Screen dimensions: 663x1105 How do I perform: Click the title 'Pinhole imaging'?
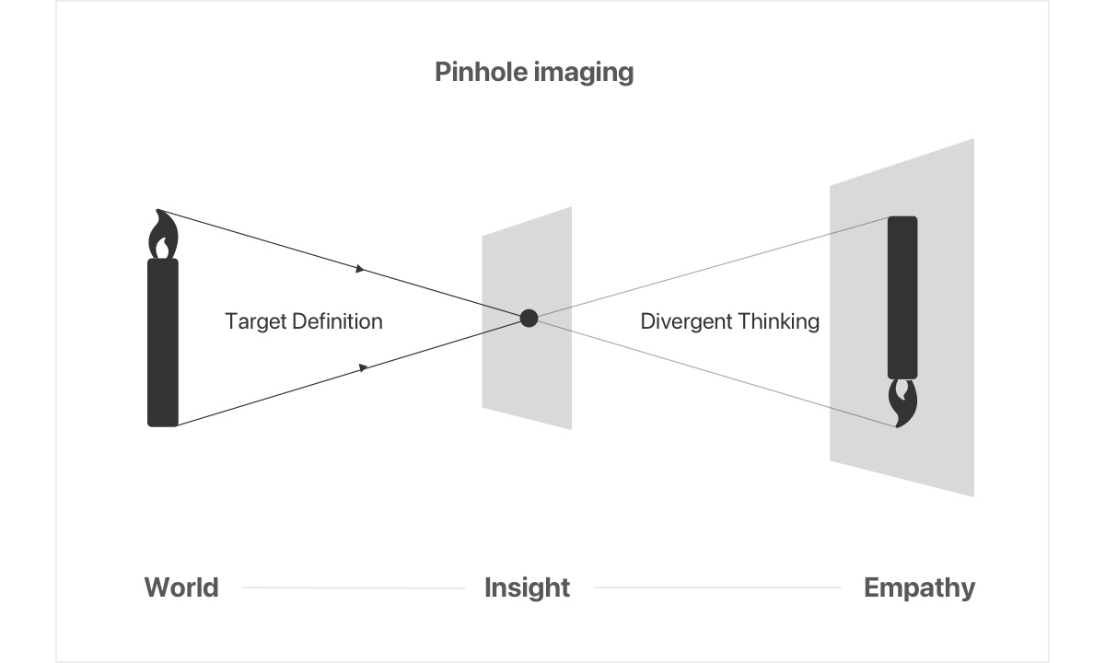pyautogui.click(x=534, y=72)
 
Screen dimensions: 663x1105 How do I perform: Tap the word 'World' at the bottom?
pyautogui.click(x=181, y=587)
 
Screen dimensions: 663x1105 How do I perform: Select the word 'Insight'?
pyautogui.click(x=527, y=587)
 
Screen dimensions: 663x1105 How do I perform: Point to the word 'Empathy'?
pyautogui.click(x=919, y=587)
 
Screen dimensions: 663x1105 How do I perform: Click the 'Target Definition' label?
pyautogui.click(x=304, y=321)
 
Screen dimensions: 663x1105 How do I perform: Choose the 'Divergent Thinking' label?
pyautogui.click(x=729, y=321)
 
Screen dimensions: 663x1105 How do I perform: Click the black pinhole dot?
pyautogui.click(x=529, y=318)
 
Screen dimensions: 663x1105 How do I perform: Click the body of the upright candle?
pyautogui.click(x=163, y=343)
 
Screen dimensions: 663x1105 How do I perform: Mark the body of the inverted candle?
pyautogui.click(x=902, y=297)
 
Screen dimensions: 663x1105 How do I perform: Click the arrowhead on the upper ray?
pyautogui.click(x=361, y=270)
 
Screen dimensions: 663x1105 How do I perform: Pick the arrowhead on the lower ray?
pyautogui.click(x=364, y=367)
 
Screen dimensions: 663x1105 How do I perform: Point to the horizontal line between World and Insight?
pyautogui.click(x=353, y=587)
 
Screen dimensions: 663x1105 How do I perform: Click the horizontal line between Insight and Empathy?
pyautogui.click(x=717, y=587)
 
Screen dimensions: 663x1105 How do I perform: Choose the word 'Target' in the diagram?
pyautogui.click(x=253, y=321)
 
